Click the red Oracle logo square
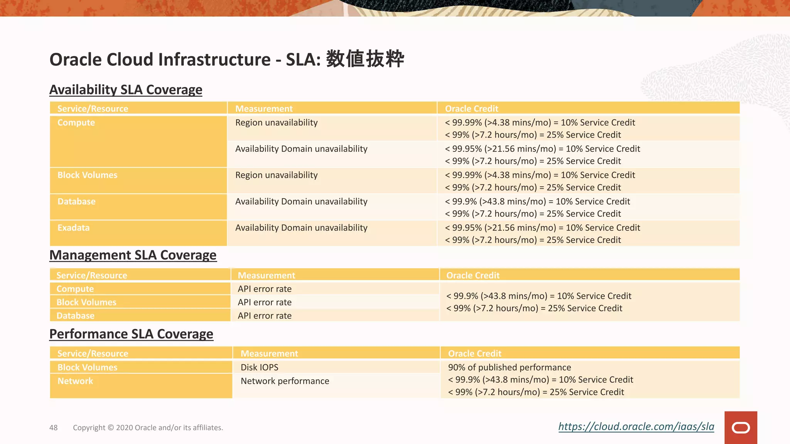click(x=740, y=427)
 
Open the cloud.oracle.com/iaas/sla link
click(x=636, y=426)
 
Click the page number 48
click(x=53, y=427)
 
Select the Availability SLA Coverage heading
click(x=126, y=89)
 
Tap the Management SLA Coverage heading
click(x=133, y=255)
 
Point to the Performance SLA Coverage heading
click(x=131, y=334)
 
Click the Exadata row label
click(x=73, y=228)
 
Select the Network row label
click(x=75, y=381)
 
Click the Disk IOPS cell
click(x=259, y=367)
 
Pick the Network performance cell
click(x=285, y=381)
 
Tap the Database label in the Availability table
click(x=76, y=202)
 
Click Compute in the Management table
click(x=75, y=289)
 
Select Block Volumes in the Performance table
click(x=87, y=367)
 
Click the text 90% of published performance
click(x=509, y=367)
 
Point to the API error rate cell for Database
click(x=265, y=316)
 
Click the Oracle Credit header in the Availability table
click(x=471, y=109)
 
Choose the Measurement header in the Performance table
click(x=269, y=353)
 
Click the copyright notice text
click(x=148, y=427)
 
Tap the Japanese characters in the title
click(x=365, y=59)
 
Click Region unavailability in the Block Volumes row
click(x=276, y=175)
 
